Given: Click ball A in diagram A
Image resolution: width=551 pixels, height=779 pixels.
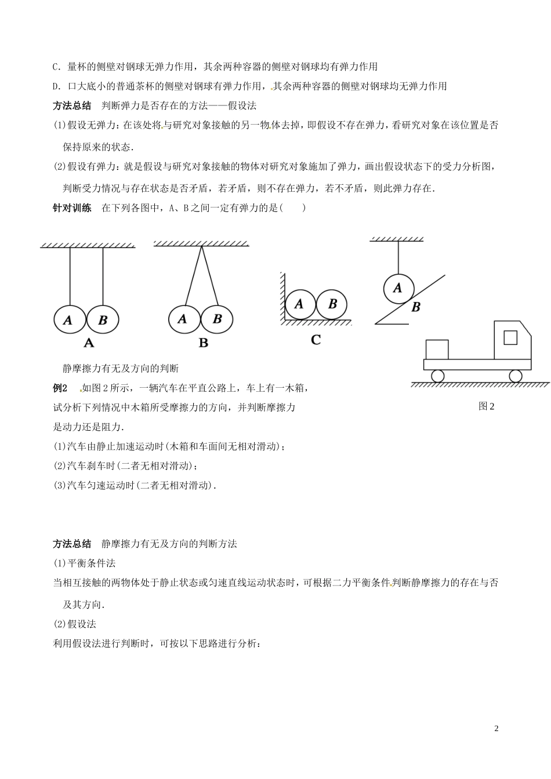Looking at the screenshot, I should click(x=69, y=320).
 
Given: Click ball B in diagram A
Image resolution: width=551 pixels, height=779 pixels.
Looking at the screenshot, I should click(x=103, y=320).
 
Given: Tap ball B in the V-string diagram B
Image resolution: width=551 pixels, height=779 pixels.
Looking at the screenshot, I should click(x=217, y=319).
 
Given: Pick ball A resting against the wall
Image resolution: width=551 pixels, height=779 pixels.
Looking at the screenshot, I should click(x=299, y=304).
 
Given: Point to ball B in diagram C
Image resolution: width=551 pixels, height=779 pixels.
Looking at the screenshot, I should click(x=332, y=304).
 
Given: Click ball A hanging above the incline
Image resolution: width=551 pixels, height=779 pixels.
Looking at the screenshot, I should click(x=398, y=287).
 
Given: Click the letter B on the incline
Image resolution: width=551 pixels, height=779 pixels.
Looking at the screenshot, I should click(x=415, y=308).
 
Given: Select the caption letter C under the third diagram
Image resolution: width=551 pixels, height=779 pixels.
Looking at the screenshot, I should click(x=316, y=340).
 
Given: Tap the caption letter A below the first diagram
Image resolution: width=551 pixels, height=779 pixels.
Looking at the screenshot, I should click(x=88, y=343).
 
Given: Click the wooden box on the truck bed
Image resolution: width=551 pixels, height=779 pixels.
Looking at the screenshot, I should click(x=437, y=350).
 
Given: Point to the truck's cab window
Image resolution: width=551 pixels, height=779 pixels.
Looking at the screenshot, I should click(x=510, y=337).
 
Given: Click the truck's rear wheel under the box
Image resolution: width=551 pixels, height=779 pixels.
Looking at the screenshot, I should click(x=437, y=376).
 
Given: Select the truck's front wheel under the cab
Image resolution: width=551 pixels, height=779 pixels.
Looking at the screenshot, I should click(x=515, y=376).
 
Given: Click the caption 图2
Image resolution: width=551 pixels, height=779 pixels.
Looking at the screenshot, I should click(x=486, y=406).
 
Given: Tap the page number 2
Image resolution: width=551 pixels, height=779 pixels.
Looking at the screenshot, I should click(x=496, y=728).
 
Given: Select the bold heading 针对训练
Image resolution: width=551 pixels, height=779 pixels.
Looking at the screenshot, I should click(x=72, y=208).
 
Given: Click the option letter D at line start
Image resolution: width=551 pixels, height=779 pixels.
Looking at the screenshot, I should click(x=56, y=86).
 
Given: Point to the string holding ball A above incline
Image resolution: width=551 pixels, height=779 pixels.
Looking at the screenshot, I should click(x=398, y=255).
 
